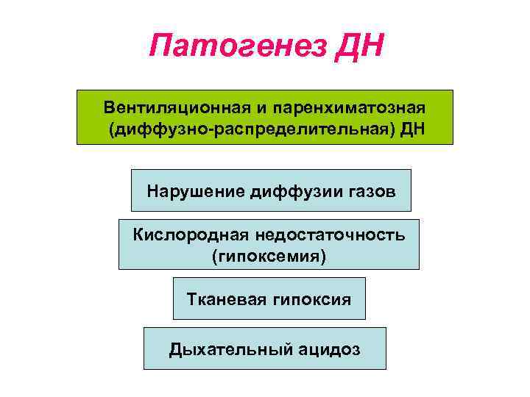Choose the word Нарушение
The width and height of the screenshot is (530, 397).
[196, 191]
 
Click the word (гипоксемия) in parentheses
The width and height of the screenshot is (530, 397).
[268, 256]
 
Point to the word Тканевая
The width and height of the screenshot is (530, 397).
[223, 299]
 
